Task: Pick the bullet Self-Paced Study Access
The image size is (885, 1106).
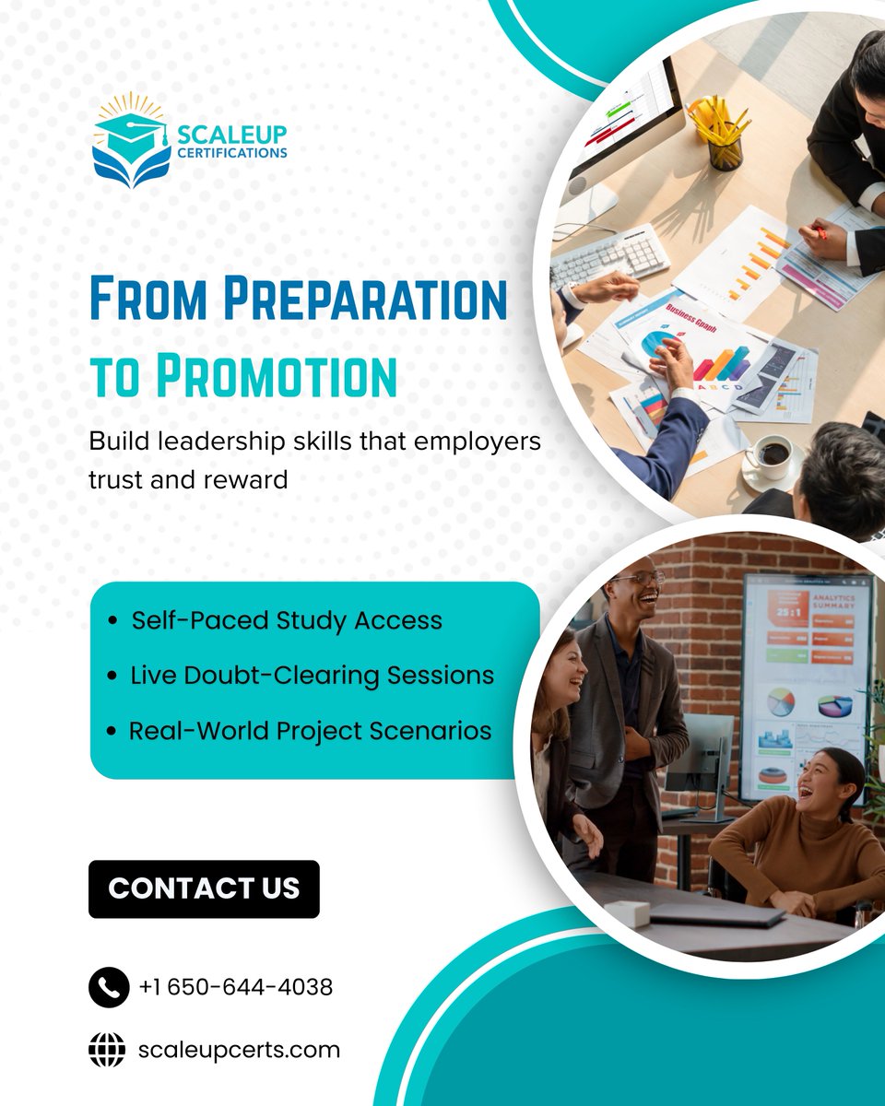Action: coord(286,620)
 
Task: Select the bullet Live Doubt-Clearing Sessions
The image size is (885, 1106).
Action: coord(311,675)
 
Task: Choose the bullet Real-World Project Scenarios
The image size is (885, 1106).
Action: coord(310,731)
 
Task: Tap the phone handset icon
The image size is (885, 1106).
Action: coord(109,987)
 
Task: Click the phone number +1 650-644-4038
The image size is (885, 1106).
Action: coord(236,987)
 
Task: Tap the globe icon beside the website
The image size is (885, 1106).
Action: coord(108,1050)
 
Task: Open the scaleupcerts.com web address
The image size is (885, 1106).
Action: coord(238,1050)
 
